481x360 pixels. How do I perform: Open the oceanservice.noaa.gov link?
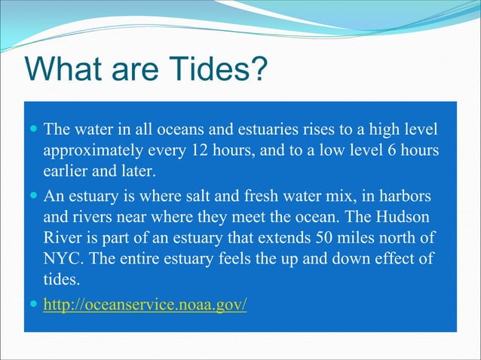click(145, 307)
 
